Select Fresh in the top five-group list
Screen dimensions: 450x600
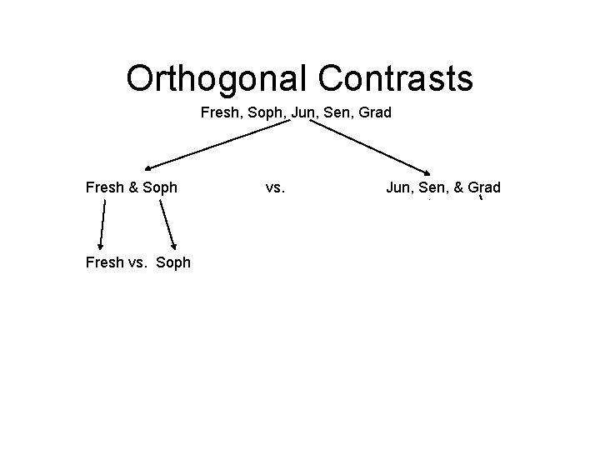point(219,111)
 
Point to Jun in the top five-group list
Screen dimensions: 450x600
point(301,111)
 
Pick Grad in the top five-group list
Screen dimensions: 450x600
point(372,111)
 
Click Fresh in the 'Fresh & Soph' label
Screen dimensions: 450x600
point(105,187)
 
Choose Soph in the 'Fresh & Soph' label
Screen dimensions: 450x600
point(160,187)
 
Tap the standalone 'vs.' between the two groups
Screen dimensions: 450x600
point(275,187)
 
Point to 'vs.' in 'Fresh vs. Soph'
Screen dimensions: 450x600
point(142,262)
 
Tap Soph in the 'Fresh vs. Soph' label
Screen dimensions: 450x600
point(174,262)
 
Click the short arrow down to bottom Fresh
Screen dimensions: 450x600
point(102,224)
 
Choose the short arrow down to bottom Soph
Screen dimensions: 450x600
point(167,224)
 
